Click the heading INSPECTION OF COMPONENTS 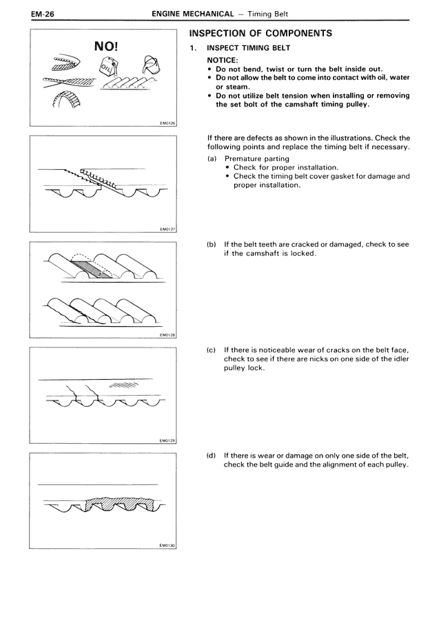point(260,33)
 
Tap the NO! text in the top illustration point(106,47)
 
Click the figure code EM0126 point(167,125)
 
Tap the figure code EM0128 point(167,336)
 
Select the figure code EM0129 point(167,441)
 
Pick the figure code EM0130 point(167,546)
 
